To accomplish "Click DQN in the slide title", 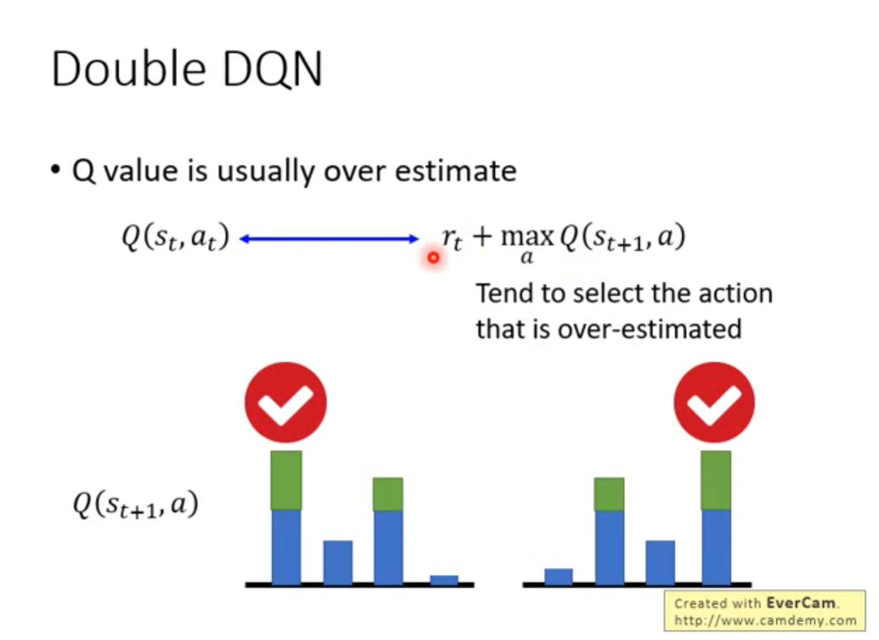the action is (273, 69).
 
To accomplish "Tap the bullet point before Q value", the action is (56, 170).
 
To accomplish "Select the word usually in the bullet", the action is (265, 171).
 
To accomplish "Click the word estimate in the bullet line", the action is (455, 171).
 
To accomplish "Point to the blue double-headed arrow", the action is (329, 239).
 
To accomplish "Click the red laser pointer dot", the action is (433, 258).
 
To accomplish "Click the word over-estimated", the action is (649, 329).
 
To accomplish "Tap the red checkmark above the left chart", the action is (286, 402).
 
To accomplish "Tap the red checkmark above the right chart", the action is (714, 402).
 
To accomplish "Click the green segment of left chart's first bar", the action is (286, 480).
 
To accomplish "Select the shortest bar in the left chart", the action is (444, 580).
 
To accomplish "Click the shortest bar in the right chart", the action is (559, 577).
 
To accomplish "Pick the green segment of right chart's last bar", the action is (716, 480).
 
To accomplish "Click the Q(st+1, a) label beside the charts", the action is (136, 505).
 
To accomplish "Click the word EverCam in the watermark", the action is (801, 603).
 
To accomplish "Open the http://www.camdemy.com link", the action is (765, 620).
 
